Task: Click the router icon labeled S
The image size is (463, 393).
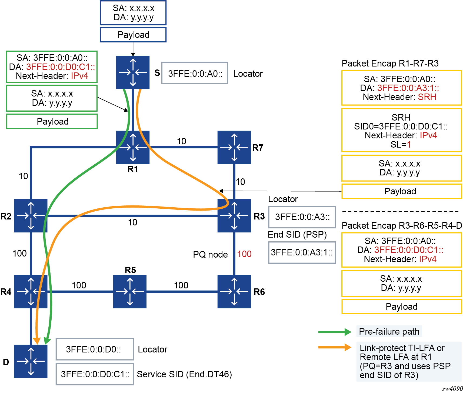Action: tap(133, 72)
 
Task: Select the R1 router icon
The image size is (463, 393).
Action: tap(133, 147)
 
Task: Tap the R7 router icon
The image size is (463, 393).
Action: tap(234, 147)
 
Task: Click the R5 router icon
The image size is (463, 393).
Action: tap(130, 291)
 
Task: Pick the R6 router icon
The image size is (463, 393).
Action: tap(234, 291)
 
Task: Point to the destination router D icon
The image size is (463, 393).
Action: tap(31, 361)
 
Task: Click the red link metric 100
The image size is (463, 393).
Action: tap(244, 254)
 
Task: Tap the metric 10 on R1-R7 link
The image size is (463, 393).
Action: tap(181, 141)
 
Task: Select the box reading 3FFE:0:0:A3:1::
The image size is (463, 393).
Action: tap(302, 252)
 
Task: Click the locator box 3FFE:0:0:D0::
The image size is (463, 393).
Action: tap(95, 349)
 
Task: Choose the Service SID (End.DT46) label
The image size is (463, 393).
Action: tap(184, 374)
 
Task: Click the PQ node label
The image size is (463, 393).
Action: tap(210, 254)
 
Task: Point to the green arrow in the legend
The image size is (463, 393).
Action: tap(335, 332)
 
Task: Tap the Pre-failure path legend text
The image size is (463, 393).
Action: tap(389, 331)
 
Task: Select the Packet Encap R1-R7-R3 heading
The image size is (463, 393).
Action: tap(390, 63)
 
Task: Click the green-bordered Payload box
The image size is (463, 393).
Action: tap(52, 121)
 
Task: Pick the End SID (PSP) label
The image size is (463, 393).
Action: tap(297, 234)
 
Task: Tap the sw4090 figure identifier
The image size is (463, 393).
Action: tap(452, 389)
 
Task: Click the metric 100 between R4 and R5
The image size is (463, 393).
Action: tap(79, 285)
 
